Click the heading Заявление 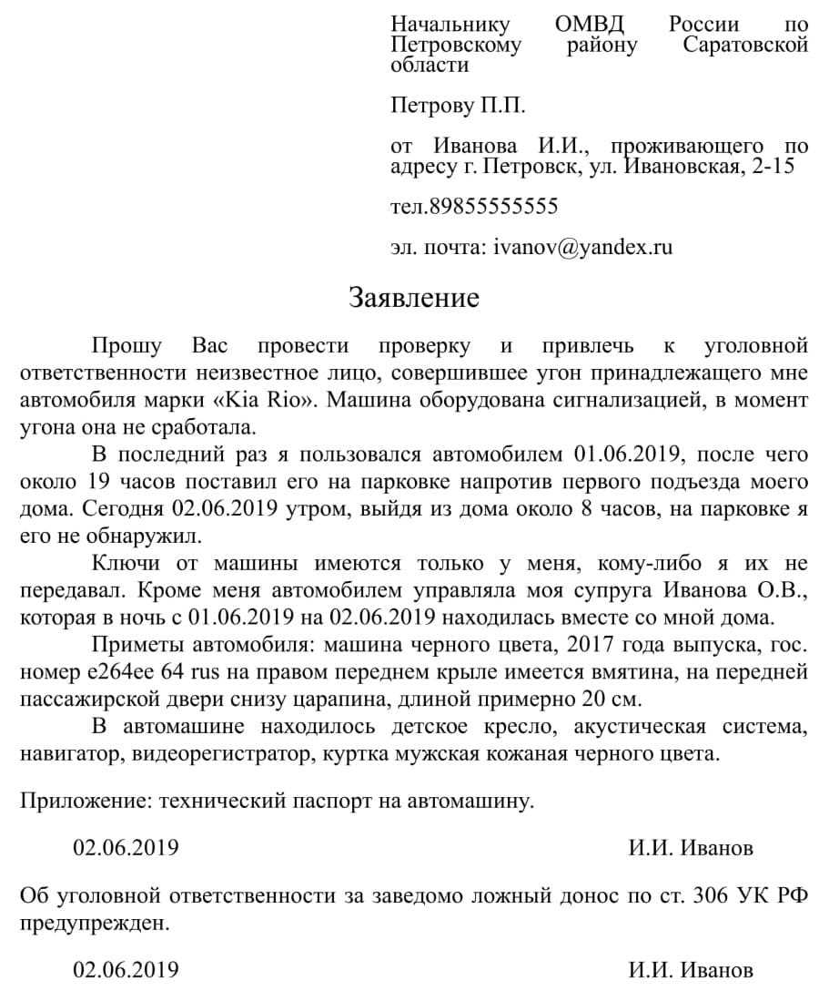(x=414, y=298)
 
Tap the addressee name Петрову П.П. (x=458, y=106)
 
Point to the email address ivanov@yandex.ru (x=582, y=247)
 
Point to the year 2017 (x=594, y=647)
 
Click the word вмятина (x=595, y=674)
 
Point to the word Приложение (x=85, y=802)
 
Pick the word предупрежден (x=94, y=923)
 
